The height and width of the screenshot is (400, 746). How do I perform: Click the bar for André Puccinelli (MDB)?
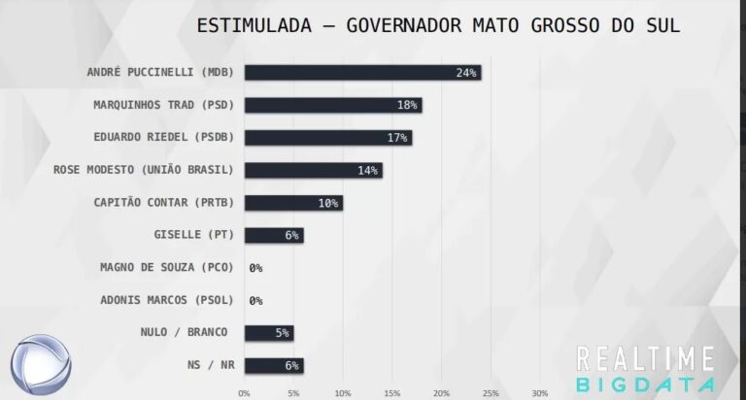click(x=362, y=73)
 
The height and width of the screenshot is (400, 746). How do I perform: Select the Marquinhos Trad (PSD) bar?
click(x=333, y=105)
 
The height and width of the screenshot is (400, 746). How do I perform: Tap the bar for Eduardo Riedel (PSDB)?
click(x=327, y=138)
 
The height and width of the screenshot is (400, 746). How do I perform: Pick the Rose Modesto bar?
click(x=313, y=170)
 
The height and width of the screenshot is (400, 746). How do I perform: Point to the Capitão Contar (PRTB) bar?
click(x=293, y=203)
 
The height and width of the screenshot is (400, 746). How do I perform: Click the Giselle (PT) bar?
click(x=273, y=235)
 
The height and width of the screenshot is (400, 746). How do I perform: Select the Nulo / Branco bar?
click(x=268, y=333)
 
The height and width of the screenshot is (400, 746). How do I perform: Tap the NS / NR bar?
click(x=273, y=365)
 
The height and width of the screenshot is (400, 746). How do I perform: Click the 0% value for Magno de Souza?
click(x=256, y=268)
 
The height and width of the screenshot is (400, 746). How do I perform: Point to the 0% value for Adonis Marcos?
click(x=256, y=301)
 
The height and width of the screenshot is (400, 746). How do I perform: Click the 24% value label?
click(x=466, y=73)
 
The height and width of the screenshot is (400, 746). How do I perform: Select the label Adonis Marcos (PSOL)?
click(x=168, y=300)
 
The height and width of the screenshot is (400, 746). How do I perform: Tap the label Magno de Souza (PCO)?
click(x=168, y=267)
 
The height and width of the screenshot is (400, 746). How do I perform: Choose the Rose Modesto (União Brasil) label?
click(x=144, y=170)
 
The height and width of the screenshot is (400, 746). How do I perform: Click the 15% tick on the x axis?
click(x=391, y=393)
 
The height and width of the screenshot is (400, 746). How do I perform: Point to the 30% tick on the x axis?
click(x=540, y=393)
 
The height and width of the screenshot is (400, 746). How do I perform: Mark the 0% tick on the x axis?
click(x=244, y=393)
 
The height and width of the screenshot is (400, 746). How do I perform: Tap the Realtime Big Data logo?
click(x=646, y=370)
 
